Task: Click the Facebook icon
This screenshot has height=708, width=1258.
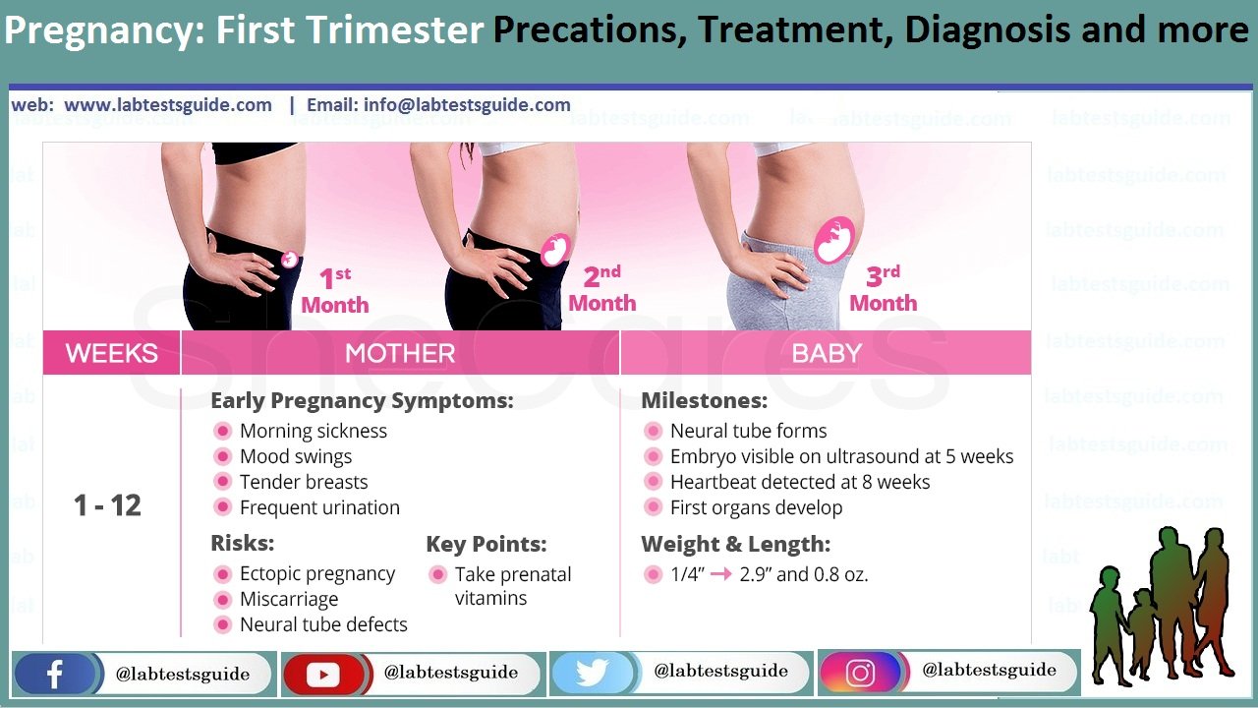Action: (54, 674)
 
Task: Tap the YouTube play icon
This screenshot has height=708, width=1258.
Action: (323, 674)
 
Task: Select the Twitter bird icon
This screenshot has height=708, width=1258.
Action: (592, 673)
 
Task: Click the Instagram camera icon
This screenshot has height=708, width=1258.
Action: (860, 672)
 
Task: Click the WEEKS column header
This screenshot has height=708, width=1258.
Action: (112, 353)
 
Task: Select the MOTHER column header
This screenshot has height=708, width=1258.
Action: (400, 353)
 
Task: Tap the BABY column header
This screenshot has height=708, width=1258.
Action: (827, 353)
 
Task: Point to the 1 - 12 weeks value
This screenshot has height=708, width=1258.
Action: (107, 505)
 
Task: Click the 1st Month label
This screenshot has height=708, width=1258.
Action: (335, 290)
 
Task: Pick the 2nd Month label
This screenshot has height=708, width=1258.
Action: (602, 289)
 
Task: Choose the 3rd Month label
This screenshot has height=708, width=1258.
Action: (884, 289)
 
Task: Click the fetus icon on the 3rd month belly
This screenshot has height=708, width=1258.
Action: (834, 240)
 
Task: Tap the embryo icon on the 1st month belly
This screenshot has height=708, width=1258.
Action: (289, 259)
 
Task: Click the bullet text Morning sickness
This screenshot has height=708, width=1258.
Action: (314, 431)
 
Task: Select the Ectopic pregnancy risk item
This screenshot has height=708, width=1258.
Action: (317, 573)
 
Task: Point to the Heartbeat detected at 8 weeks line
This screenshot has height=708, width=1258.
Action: (800, 482)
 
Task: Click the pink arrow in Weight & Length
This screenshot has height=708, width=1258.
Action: (721, 574)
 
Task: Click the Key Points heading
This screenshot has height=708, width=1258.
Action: (486, 544)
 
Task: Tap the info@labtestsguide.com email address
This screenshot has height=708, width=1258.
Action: (467, 104)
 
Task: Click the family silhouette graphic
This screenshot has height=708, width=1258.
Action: (1162, 606)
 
